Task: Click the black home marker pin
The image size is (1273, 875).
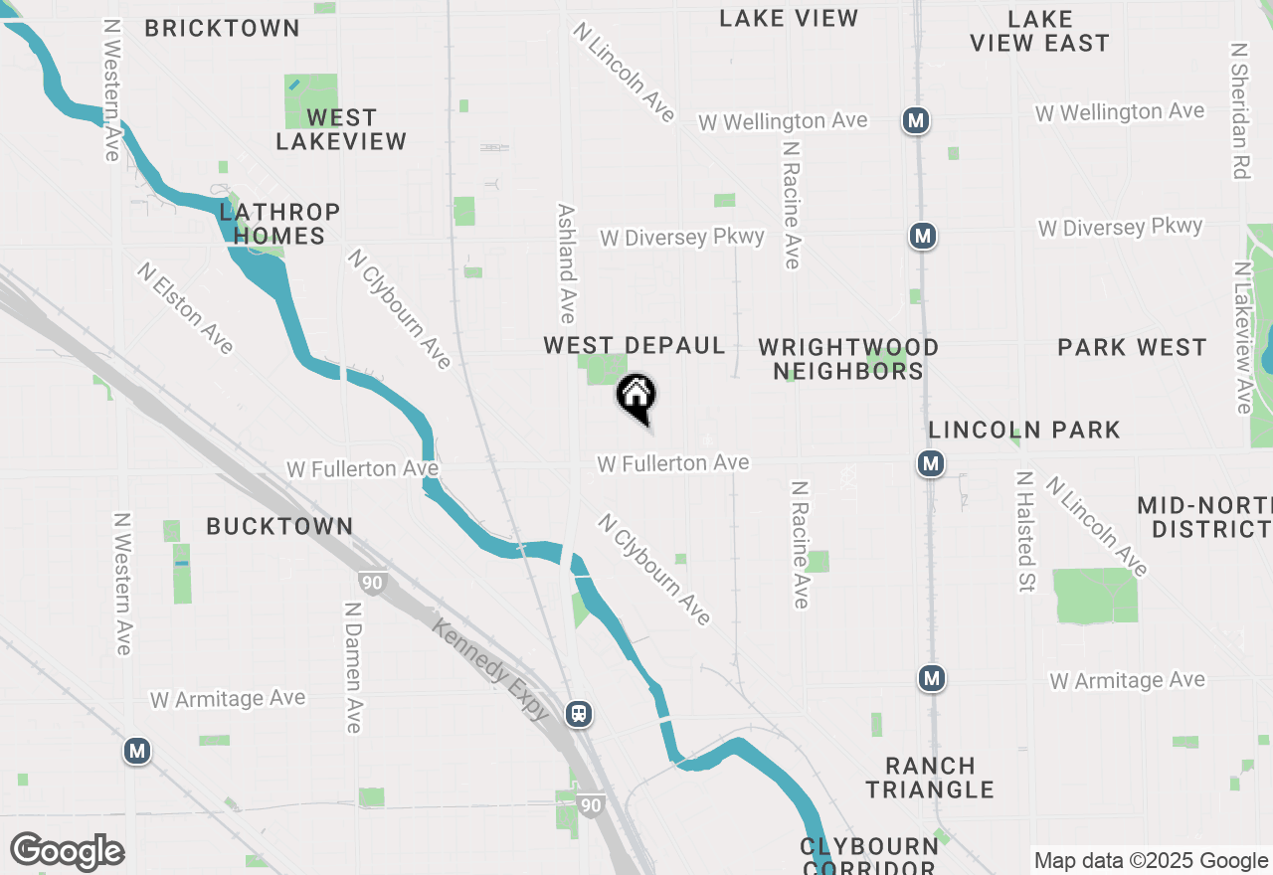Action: [636, 397]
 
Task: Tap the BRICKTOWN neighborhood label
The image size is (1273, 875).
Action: [222, 28]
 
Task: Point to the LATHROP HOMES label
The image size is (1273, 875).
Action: [279, 224]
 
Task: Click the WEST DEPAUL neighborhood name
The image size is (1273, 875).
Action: [635, 346]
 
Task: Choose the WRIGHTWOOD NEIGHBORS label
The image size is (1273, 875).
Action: [848, 359]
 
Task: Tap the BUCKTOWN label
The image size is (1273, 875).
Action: [279, 526]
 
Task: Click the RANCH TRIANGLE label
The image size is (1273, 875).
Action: [930, 778]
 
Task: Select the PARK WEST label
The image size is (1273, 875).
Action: [1132, 347]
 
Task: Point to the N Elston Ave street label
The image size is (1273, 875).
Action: [186, 308]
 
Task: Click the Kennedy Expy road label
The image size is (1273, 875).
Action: [490, 668]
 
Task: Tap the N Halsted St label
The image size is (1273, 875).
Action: [1023, 532]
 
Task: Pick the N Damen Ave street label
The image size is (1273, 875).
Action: [352, 667]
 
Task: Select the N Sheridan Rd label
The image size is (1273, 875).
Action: [1239, 110]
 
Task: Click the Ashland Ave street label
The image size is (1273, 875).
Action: [567, 263]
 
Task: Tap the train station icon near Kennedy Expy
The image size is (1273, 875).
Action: [579, 714]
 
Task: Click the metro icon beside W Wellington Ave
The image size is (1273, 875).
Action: [916, 121]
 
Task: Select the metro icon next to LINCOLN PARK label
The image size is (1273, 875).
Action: [931, 463]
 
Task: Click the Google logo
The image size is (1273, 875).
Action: [67, 852]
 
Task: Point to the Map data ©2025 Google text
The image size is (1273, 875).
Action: [1151, 861]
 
